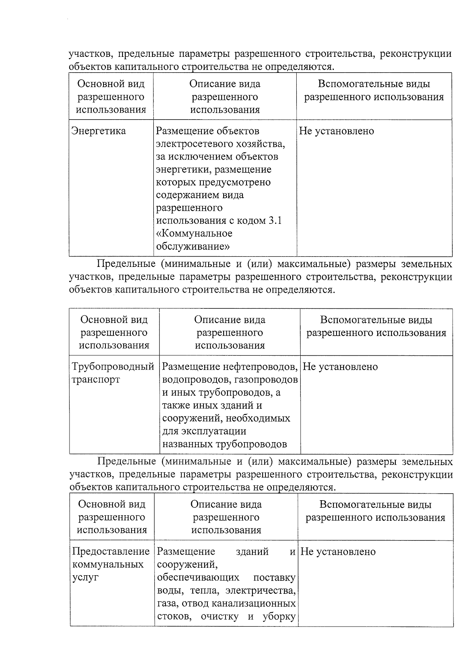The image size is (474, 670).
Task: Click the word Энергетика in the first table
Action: coord(98,131)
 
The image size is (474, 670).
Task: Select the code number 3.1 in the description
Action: coord(275,221)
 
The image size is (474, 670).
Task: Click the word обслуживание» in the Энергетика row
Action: coord(193,246)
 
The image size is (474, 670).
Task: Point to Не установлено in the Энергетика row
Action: coord(336,131)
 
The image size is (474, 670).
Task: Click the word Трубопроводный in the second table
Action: coord(113,367)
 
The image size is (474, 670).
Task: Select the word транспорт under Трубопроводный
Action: coord(96,380)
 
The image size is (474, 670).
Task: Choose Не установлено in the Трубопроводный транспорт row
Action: coord(340,367)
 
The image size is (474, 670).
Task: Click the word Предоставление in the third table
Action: coord(111,552)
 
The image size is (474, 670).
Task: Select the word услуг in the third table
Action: coord(86,577)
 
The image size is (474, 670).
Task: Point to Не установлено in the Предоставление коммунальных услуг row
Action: coord(338,552)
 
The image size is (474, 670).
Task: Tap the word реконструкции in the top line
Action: coord(416,54)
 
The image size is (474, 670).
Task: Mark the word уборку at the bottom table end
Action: coord(279,616)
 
